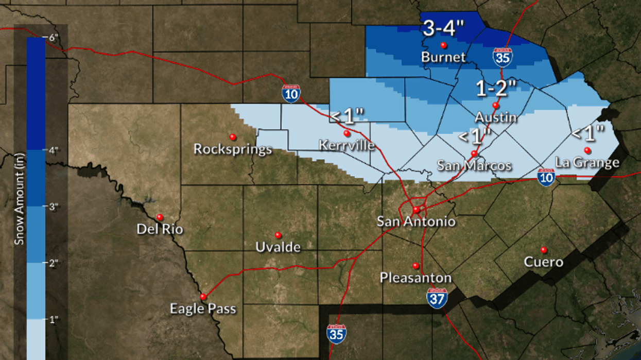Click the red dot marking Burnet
443,45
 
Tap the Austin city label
496,117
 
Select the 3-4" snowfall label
444,29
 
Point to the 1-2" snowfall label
495,89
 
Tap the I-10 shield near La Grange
546,177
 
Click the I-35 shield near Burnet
502,57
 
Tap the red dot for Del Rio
160,217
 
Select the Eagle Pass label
203,309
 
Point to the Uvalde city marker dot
278,235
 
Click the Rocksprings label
233,149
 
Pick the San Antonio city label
416,221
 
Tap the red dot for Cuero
543,250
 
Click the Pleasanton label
415,278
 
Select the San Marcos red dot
474,153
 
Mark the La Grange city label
587,163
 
